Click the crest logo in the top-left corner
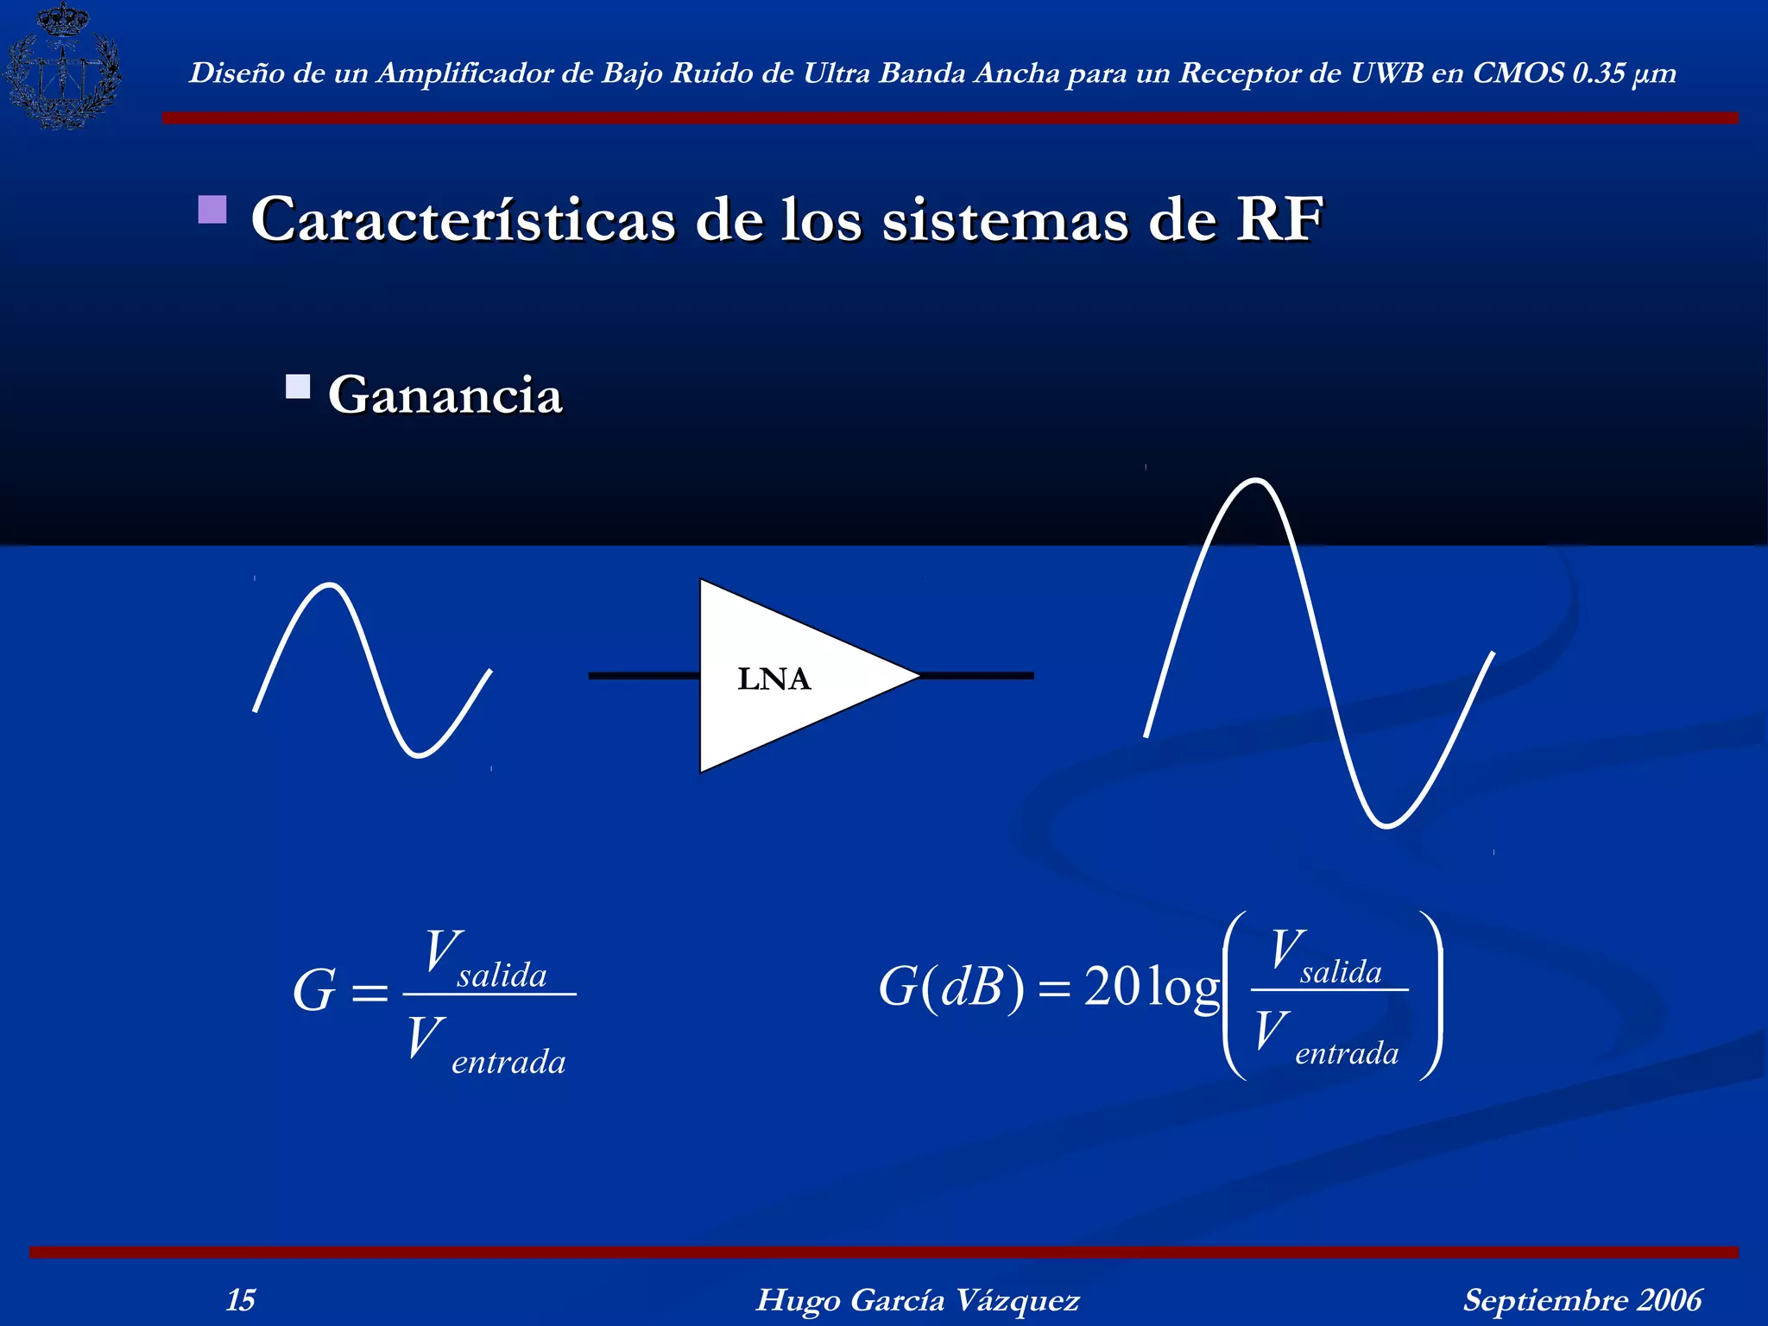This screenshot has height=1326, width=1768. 62,67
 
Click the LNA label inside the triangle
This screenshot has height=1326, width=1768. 774,679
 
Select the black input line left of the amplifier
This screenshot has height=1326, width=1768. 643,675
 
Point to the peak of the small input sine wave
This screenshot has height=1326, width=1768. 329,586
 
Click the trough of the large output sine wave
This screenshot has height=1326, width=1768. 1386,825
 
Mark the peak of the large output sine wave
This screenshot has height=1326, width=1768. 1254,481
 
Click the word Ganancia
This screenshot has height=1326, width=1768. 445,395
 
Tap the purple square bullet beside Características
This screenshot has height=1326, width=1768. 212,210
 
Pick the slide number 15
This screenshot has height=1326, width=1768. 241,1300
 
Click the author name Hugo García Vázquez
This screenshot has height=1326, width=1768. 918,1300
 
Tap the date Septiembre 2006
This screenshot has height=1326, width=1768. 1582,1300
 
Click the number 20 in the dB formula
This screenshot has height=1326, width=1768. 1114,986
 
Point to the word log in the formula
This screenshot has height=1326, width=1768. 1184,988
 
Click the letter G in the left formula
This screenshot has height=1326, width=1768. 313,991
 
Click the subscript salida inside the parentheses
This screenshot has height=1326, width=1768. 1341,973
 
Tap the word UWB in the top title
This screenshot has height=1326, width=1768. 1386,73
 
